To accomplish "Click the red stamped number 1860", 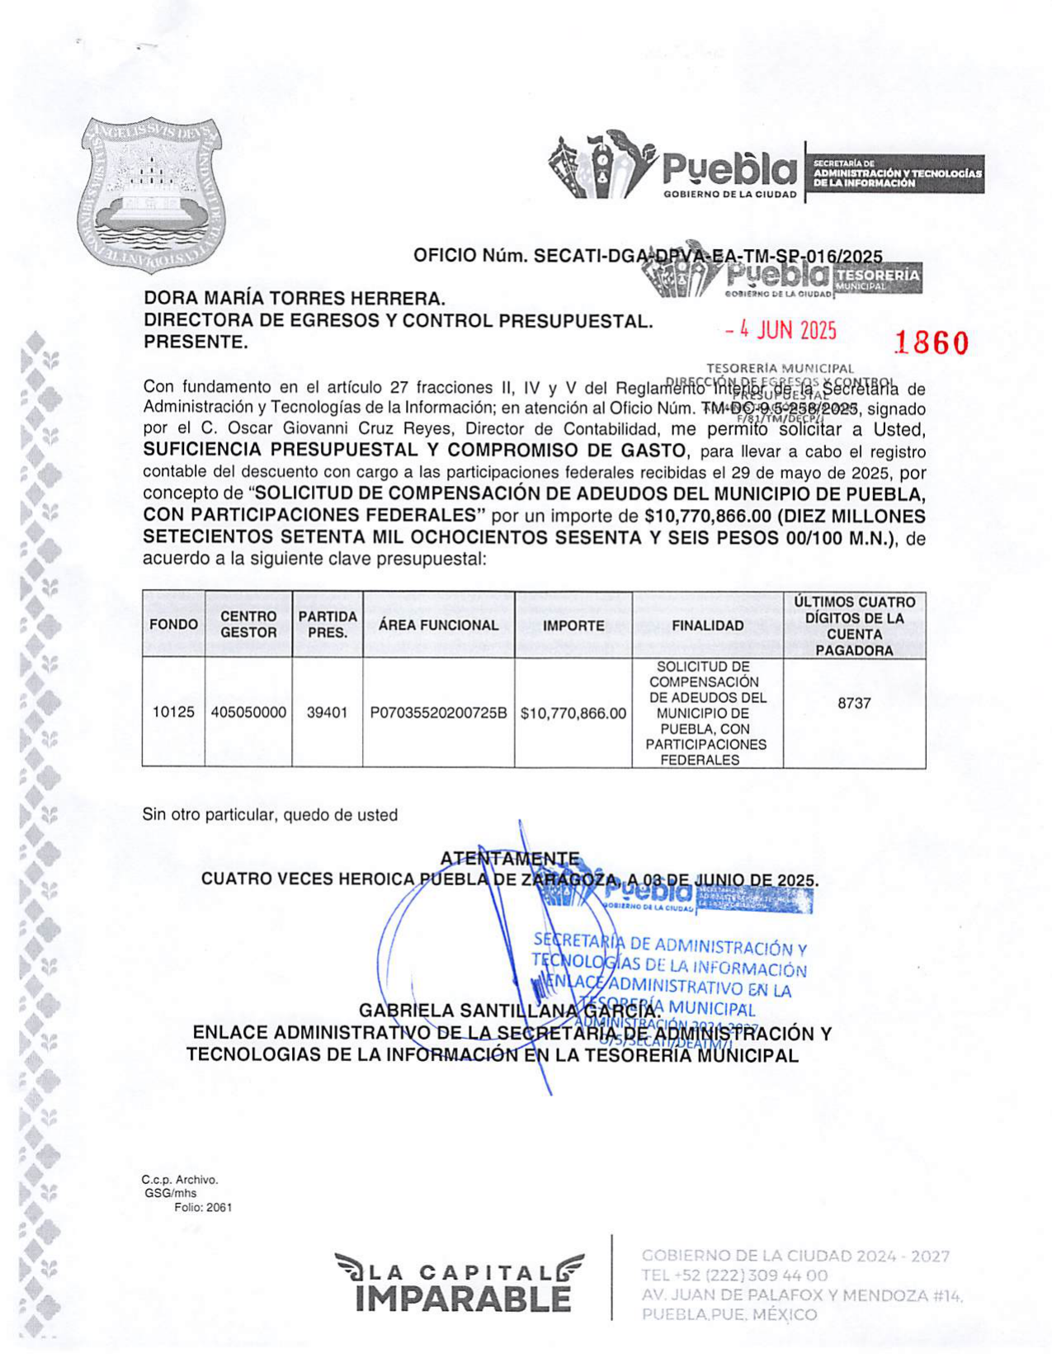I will [932, 342].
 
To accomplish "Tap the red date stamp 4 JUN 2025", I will [781, 331].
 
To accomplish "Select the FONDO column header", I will [173, 625].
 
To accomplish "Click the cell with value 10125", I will [173, 712].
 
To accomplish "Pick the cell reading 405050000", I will [248, 712].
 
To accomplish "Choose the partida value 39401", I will [327, 712].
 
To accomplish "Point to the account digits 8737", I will [854, 703].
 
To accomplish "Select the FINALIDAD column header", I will [707, 625].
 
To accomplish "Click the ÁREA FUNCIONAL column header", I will [438, 625].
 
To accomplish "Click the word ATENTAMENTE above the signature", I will [509, 859].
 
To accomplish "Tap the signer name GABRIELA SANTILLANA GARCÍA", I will [508, 1011].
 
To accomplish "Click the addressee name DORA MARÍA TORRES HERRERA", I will [295, 298].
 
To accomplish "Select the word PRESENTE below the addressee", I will [196, 342].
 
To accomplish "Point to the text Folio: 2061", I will [203, 1207].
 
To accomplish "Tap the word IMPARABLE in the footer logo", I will [463, 1299].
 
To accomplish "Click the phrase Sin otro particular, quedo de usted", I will [270, 815].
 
